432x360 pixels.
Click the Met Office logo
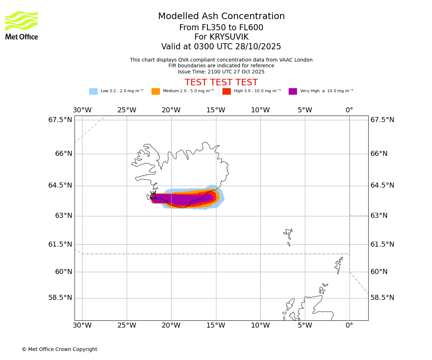click(22, 25)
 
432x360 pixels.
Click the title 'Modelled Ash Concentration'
click(221, 17)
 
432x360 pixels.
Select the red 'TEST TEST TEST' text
click(221, 82)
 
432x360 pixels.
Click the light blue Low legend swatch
click(93, 91)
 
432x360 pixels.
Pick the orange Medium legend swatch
click(156, 91)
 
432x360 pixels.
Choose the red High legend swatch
click(226, 91)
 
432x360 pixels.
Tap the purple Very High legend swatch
click(293, 91)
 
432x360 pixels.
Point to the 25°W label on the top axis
click(127, 110)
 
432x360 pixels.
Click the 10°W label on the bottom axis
click(260, 325)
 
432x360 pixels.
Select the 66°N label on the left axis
click(63, 154)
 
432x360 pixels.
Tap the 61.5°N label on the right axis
click(382, 244)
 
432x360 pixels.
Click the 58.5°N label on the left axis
click(60, 298)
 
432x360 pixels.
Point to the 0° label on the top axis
click(349, 110)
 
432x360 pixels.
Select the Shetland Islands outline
click(338, 265)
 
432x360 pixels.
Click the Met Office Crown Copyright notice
click(59, 349)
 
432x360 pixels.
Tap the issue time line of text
click(221, 72)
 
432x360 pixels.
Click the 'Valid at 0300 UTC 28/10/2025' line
click(221, 47)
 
